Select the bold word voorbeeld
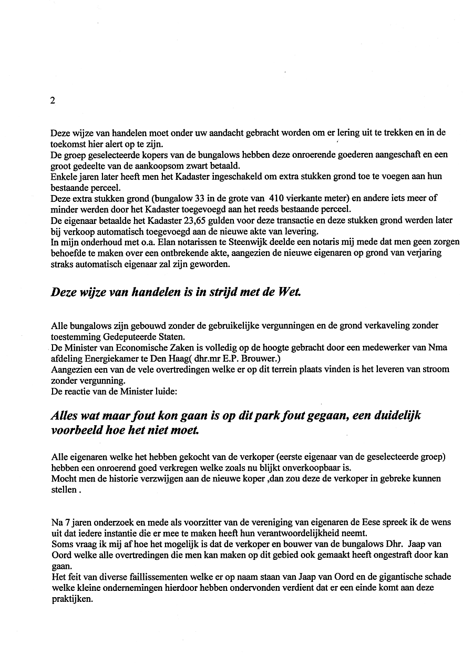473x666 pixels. tap(75, 429)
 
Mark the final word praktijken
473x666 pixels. tap(71, 598)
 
